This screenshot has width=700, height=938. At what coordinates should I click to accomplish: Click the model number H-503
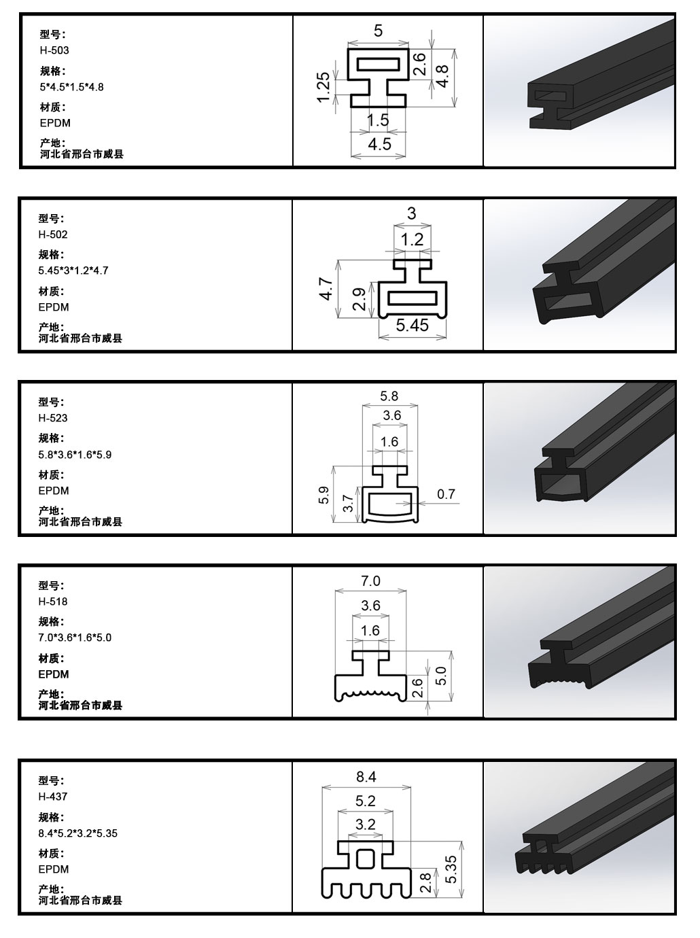[54, 50]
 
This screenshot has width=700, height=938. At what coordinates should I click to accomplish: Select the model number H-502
[53, 234]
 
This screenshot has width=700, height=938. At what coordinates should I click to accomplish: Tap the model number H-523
[53, 418]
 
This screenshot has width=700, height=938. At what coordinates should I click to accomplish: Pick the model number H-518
[53, 602]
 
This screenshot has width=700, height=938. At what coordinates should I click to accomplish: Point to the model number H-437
[53, 797]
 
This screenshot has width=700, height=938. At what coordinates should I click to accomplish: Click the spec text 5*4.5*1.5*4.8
[72, 87]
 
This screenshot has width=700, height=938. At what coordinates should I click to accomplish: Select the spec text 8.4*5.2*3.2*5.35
[77, 833]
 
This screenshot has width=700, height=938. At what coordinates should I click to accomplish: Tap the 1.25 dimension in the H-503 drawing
[323, 87]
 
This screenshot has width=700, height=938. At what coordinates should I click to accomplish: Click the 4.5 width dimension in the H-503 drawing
[379, 145]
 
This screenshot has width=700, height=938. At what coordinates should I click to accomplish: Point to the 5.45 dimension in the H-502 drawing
[412, 326]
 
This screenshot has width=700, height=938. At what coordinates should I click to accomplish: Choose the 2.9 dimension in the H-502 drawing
[360, 299]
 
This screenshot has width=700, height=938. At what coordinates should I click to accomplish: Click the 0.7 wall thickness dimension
[446, 494]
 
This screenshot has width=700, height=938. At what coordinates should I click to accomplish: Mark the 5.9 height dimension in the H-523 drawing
[323, 495]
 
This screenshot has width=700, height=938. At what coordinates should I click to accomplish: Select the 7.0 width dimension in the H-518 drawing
[370, 580]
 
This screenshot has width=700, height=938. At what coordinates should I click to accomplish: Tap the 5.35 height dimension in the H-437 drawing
[451, 869]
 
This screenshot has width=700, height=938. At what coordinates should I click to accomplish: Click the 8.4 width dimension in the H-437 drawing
[366, 776]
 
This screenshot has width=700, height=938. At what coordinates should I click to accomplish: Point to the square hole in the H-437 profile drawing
[365, 859]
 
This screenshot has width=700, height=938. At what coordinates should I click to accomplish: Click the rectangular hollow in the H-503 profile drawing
[379, 64]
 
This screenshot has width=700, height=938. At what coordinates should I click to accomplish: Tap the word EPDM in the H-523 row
[54, 491]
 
